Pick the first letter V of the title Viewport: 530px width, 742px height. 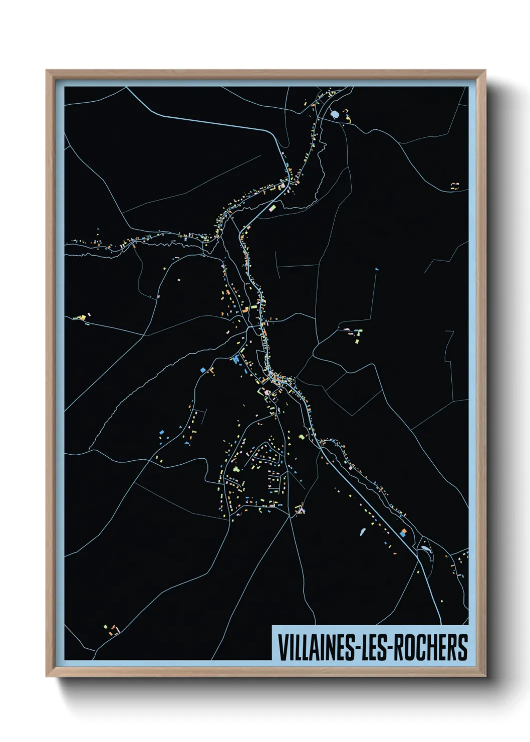point(282,647)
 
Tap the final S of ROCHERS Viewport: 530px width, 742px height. point(463,647)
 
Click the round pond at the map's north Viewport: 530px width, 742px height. point(335,115)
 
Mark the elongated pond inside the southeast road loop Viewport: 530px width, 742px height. point(425,549)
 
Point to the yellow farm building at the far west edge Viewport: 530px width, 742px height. point(82,317)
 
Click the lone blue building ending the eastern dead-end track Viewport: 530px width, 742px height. point(377,269)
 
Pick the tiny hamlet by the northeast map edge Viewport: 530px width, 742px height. point(454,185)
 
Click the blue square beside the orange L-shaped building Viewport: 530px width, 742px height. point(203,370)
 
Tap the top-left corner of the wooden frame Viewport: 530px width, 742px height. point(47,71)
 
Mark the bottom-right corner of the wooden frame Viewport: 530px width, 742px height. point(485,676)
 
